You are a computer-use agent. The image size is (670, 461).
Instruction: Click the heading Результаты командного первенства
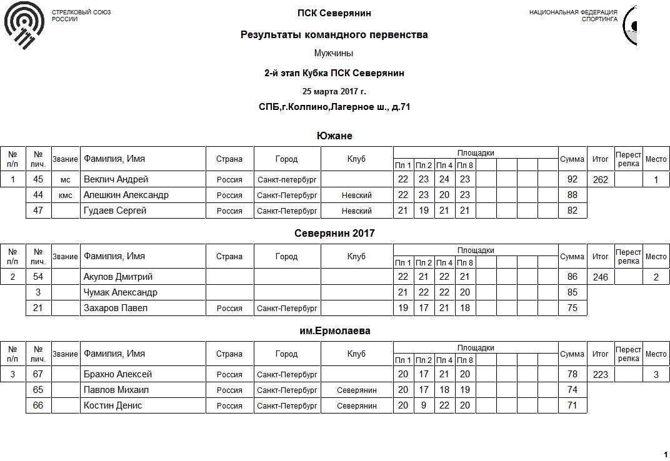(334, 35)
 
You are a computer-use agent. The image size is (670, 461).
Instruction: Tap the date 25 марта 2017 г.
(334, 91)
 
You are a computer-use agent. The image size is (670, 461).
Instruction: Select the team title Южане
(334, 136)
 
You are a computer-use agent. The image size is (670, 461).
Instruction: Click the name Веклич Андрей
(116, 179)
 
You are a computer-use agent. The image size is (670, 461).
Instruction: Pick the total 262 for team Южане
(600, 179)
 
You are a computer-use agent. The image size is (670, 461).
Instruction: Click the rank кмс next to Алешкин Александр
(65, 196)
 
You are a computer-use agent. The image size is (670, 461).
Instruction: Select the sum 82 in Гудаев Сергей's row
(571, 211)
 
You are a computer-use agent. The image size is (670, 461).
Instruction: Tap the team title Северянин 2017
(334, 234)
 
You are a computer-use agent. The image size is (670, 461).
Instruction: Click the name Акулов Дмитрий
(118, 277)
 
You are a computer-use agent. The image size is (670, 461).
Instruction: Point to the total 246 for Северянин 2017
(600, 277)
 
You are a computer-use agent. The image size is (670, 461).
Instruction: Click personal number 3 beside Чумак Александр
(38, 292)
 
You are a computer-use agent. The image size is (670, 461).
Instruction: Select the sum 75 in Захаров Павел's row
(571, 308)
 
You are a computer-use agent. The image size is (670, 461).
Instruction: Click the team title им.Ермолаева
(334, 331)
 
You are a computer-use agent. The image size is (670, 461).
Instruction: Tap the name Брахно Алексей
(118, 374)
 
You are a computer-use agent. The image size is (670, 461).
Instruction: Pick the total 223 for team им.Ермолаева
(600, 374)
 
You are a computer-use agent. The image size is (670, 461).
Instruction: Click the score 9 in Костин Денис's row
(424, 405)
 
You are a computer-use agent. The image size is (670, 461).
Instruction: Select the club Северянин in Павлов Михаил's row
(356, 390)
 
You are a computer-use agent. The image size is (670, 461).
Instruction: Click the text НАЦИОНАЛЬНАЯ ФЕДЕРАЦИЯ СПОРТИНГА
(573, 16)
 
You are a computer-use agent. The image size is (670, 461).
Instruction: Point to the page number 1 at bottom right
(665, 454)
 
